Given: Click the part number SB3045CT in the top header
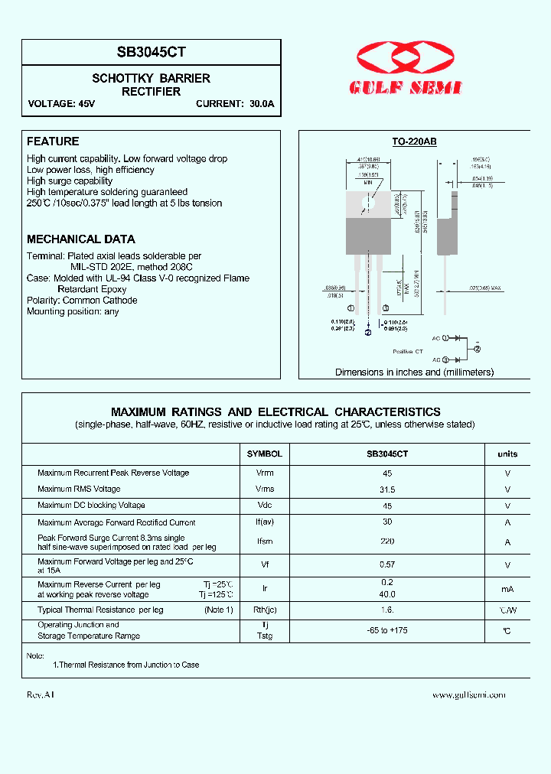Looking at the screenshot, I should coord(152,53).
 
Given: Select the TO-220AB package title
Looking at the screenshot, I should coord(414,141).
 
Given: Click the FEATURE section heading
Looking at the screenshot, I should coord(53,141).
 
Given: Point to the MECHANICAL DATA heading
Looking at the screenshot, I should coord(81,239).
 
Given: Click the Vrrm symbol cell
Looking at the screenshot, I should coord(265,473).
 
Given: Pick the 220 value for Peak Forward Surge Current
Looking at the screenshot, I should coord(387,541).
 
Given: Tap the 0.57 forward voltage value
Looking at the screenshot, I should coord(387,565).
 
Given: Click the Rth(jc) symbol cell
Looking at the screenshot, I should coord(265,610).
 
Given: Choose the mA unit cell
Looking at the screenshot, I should coord(507,589).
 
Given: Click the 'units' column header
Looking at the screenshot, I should coord(507,454).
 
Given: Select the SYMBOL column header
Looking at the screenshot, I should coord(265,454).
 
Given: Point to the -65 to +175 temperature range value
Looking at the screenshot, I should coord(387,631).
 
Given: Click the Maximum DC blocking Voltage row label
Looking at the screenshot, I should coord(91,506).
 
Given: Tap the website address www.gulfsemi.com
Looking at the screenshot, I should coord(468,695).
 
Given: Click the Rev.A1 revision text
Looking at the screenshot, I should coord(40,695).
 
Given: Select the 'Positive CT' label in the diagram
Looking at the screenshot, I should coord(408,351).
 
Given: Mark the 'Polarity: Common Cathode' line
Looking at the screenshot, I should coord(82,301).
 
